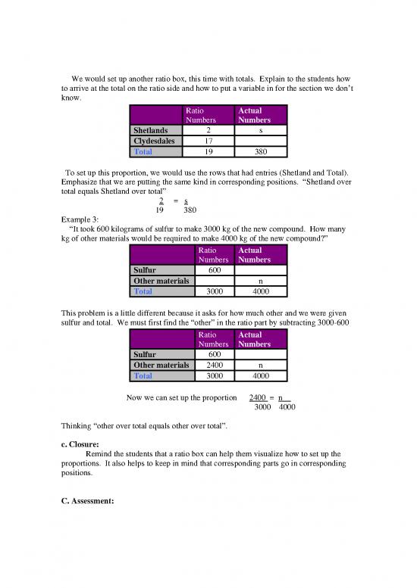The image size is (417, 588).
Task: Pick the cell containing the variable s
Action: (260, 129)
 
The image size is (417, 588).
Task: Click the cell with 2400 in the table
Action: (208, 363)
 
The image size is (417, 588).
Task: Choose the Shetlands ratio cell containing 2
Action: (208, 129)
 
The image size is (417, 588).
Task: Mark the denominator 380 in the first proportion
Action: (191, 211)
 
